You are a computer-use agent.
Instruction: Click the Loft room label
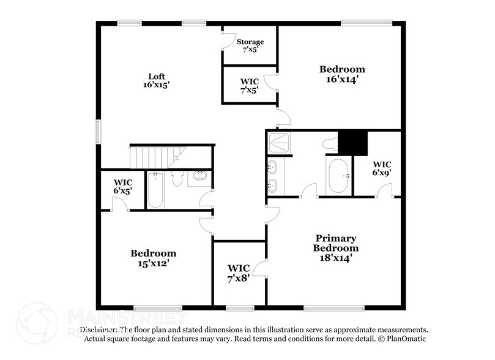pos(157,77)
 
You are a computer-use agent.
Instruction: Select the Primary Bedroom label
pos(336,243)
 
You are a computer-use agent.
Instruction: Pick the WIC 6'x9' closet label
pos(382,168)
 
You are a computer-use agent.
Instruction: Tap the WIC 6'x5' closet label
pos(123,186)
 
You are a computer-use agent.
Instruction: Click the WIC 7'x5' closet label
pos(249,85)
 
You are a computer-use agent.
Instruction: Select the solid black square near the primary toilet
pos(352,143)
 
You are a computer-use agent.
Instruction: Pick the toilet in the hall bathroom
pos(177,179)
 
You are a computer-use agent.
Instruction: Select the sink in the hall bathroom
pos(199,178)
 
